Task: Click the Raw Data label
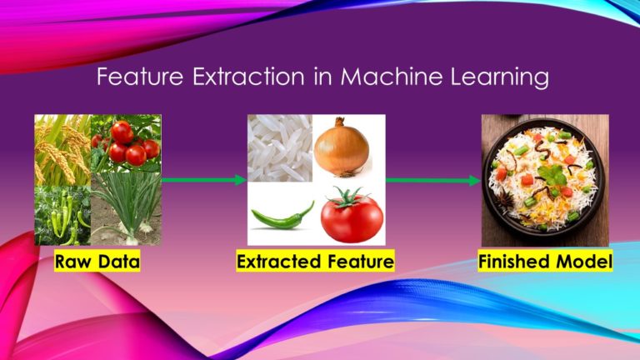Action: pyautogui.click(x=97, y=262)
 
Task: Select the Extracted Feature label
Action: pyautogui.click(x=315, y=262)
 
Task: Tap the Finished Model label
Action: pyautogui.click(x=545, y=262)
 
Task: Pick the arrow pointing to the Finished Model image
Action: pyautogui.click(x=432, y=179)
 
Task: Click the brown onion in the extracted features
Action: pyautogui.click(x=342, y=147)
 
